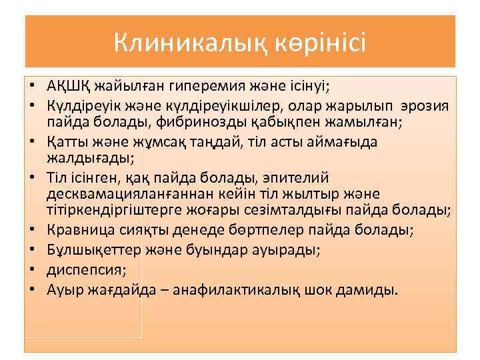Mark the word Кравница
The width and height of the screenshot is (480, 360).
(79, 230)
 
